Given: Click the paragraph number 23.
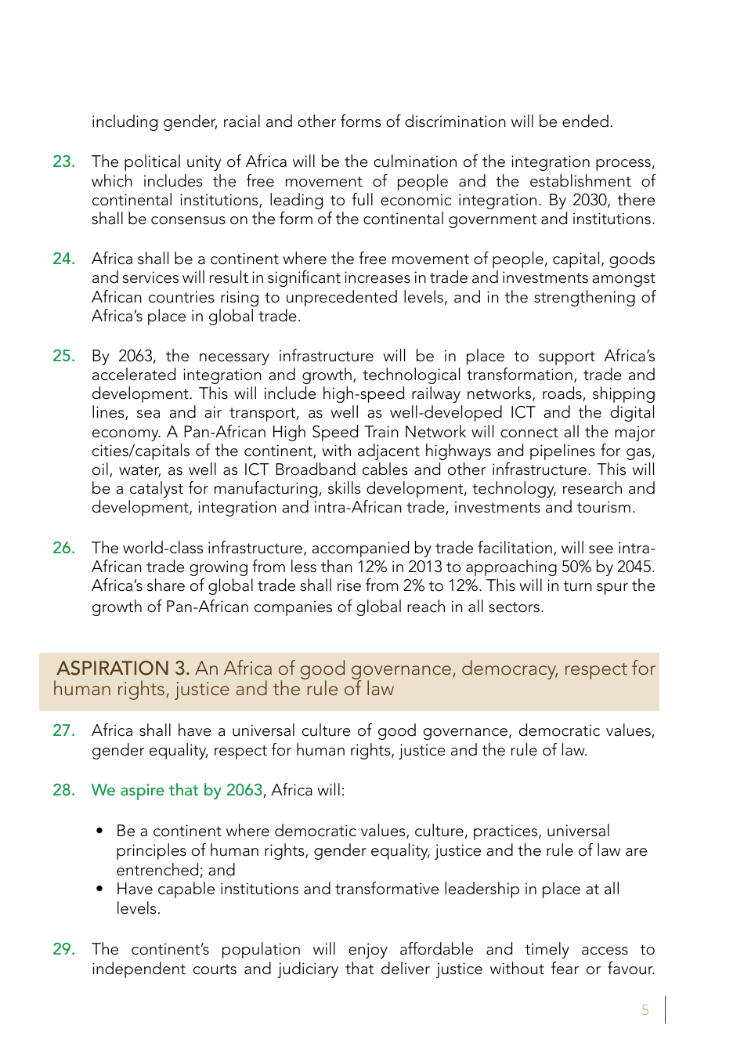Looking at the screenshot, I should pos(63,162).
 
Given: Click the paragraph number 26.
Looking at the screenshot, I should pos(63,548).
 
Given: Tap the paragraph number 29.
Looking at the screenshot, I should pos(63,949).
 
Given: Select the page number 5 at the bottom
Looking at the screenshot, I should pos(645,1010).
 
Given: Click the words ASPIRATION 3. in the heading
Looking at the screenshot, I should pos(123,668).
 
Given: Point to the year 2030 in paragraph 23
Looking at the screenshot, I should pos(590,200).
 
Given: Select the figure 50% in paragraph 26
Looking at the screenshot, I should pos(578,567).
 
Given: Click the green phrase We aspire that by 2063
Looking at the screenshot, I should pos(177,790).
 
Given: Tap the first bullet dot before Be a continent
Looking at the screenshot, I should pos(99,832).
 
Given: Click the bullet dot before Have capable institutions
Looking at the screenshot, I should pos(99,890).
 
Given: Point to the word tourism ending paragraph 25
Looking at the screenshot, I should pos(605,508).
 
